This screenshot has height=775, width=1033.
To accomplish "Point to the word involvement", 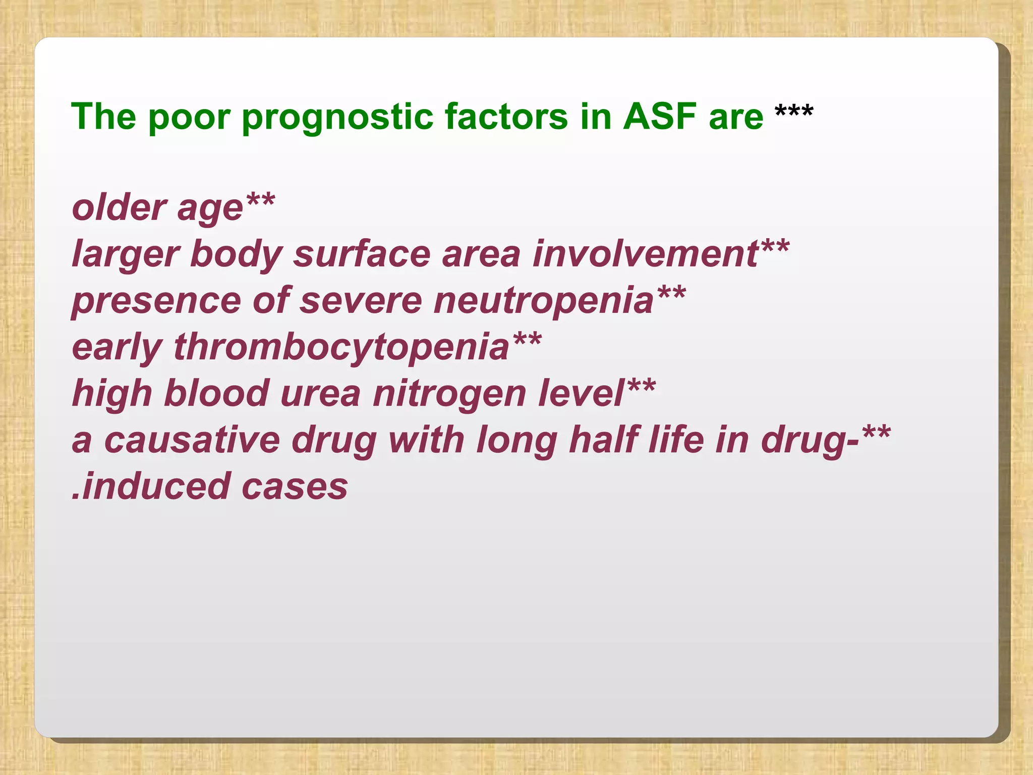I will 646,254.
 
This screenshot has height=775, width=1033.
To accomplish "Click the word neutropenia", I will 544,301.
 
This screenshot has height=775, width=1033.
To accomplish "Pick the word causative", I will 192,440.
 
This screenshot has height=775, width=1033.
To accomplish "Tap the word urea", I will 321,394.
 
